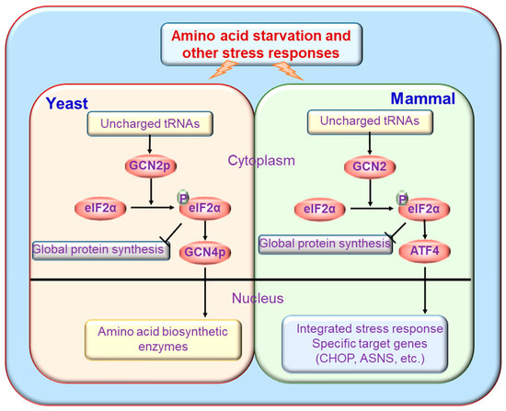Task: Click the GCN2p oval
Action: pyautogui.click(x=144, y=166)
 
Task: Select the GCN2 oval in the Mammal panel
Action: pyautogui.click(x=369, y=167)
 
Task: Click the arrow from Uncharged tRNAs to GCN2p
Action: pyautogui.click(x=144, y=143)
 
